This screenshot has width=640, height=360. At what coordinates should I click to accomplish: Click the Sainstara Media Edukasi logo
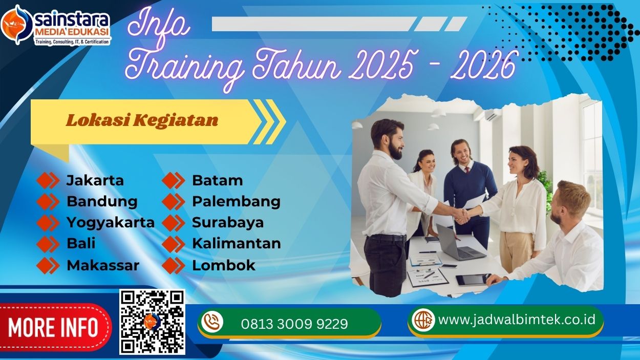pyautogui.click(x=56, y=25)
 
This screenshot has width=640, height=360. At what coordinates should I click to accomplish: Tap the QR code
pyautogui.click(x=152, y=322)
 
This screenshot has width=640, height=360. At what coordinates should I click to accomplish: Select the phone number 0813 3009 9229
pyautogui.click(x=294, y=324)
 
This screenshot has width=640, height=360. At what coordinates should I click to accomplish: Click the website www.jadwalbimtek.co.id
pyautogui.click(x=517, y=320)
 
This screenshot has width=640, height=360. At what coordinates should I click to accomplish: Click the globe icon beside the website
pyautogui.click(x=423, y=320)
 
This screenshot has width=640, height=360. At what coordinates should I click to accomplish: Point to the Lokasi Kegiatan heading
pyautogui.click(x=142, y=120)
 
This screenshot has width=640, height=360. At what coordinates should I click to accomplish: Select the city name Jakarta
pyautogui.click(x=95, y=181)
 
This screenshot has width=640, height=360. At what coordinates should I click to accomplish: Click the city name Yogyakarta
pyautogui.click(x=110, y=223)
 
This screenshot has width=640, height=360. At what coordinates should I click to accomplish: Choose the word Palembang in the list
pyautogui.click(x=236, y=202)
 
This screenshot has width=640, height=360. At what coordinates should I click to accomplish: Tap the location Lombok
pyautogui.click(x=223, y=265)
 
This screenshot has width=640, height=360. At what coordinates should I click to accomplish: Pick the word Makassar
pyautogui.click(x=102, y=265)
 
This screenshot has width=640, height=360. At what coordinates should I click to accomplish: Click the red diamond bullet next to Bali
pyautogui.click(x=48, y=244)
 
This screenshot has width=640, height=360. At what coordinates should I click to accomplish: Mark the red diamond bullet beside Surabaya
pyautogui.click(x=173, y=223)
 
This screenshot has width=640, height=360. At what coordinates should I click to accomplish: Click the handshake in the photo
pyautogui.click(x=462, y=215)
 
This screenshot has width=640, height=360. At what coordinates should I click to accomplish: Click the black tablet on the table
pyautogui.click(x=472, y=280)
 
